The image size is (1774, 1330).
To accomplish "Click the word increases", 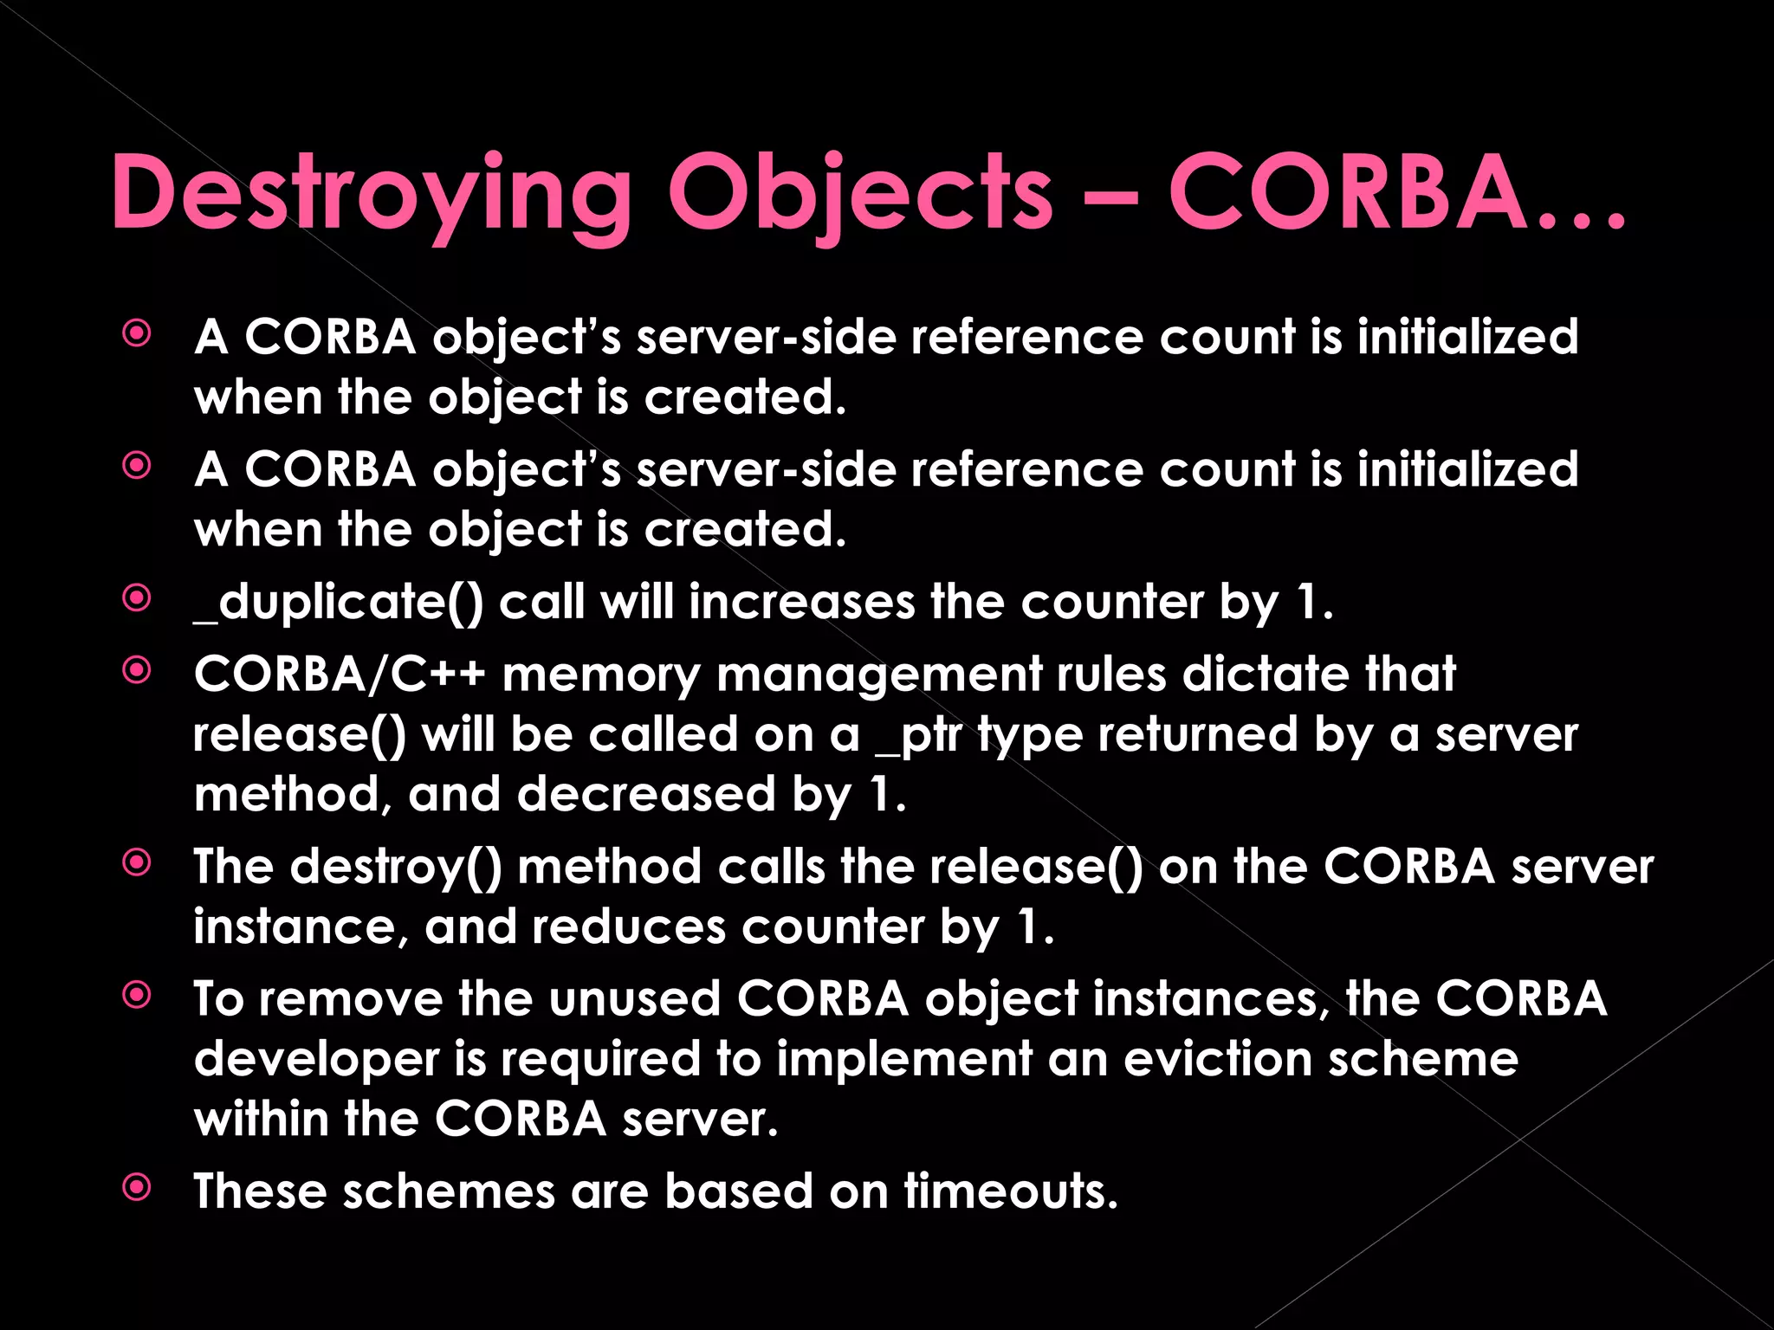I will [x=801, y=602].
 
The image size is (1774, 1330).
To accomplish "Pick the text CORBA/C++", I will [x=339, y=674].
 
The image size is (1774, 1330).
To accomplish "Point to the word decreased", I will [x=645, y=795].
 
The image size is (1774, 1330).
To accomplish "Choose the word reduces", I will [x=629, y=927].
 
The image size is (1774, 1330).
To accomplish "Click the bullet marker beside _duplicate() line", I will [x=137, y=597].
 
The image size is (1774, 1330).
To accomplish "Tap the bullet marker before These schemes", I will [x=137, y=1187].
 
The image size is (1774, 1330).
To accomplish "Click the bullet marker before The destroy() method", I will [x=137, y=862].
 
